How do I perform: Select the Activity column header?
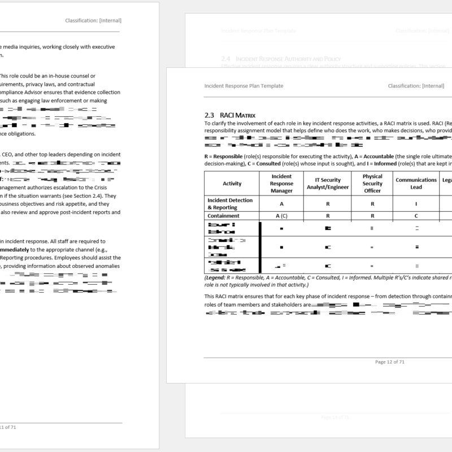pyautogui.click(x=232, y=183)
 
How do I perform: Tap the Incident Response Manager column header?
pyautogui.click(x=281, y=183)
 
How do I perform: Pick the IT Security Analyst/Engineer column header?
pyautogui.click(x=328, y=183)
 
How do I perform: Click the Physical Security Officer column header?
pyautogui.click(x=372, y=183)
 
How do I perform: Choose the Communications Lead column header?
pyautogui.click(x=416, y=183)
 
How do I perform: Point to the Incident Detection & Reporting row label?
pyautogui.click(x=230, y=203)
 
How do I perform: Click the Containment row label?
pyautogui.click(x=224, y=216)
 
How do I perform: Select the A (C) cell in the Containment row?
pyautogui.click(x=281, y=216)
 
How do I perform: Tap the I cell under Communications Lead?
pyautogui.click(x=416, y=203)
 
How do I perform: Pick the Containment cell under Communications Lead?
pyautogui.click(x=416, y=216)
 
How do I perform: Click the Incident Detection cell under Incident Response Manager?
pyautogui.click(x=281, y=203)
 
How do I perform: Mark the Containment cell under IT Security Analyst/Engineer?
pyautogui.click(x=328, y=216)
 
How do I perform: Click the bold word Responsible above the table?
pyautogui.click(x=230, y=156)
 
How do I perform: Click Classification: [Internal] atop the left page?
pyautogui.click(x=93, y=21)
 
